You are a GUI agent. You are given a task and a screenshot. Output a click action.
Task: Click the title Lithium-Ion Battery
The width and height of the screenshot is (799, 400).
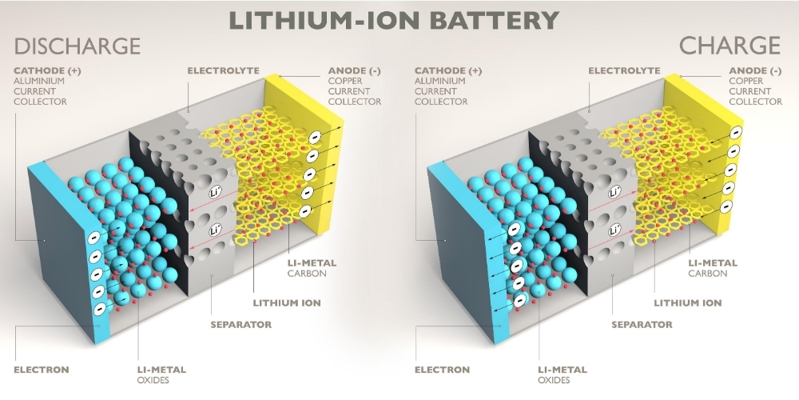(394, 21)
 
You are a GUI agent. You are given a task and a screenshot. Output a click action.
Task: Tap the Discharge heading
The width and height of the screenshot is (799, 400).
(77, 46)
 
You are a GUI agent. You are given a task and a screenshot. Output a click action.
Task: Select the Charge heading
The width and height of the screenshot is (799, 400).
(729, 46)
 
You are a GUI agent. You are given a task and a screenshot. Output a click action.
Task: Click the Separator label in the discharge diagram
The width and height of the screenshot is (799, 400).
(241, 325)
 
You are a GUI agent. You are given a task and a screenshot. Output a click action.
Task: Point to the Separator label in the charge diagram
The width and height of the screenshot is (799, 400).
(642, 325)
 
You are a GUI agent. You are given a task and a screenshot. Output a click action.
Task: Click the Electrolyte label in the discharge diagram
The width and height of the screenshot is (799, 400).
(223, 70)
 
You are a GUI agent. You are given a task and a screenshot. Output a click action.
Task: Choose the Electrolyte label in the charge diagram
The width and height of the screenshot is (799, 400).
(624, 70)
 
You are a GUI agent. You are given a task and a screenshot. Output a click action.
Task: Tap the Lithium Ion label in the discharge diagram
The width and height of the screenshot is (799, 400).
(287, 303)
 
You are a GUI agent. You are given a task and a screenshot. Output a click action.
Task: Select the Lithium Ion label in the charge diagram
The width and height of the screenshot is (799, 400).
(688, 303)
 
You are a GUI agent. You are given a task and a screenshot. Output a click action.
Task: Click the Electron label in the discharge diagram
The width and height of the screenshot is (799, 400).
(42, 370)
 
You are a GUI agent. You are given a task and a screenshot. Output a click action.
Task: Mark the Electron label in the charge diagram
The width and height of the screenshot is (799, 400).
(443, 370)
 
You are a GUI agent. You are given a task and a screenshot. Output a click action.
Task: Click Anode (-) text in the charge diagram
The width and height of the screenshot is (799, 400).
(755, 71)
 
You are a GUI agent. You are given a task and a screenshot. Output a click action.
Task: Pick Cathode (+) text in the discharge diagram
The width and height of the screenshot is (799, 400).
(47, 71)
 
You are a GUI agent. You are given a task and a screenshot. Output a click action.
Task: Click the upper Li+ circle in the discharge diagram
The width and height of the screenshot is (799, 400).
(216, 193)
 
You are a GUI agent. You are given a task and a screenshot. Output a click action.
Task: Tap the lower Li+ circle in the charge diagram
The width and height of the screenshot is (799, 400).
(615, 230)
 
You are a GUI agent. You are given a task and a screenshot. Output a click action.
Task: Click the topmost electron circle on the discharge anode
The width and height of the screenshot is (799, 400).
(315, 138)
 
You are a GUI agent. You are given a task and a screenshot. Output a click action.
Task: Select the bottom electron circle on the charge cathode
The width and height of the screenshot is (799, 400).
(519, 301)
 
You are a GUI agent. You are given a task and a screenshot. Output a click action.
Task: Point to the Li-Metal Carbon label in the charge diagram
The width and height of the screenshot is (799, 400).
(713, 268)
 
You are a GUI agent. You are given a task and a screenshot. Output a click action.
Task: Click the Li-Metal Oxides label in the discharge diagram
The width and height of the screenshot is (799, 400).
(161, 375)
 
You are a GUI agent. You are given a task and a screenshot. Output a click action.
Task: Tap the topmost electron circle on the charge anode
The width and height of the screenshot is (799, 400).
(735, 133)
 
